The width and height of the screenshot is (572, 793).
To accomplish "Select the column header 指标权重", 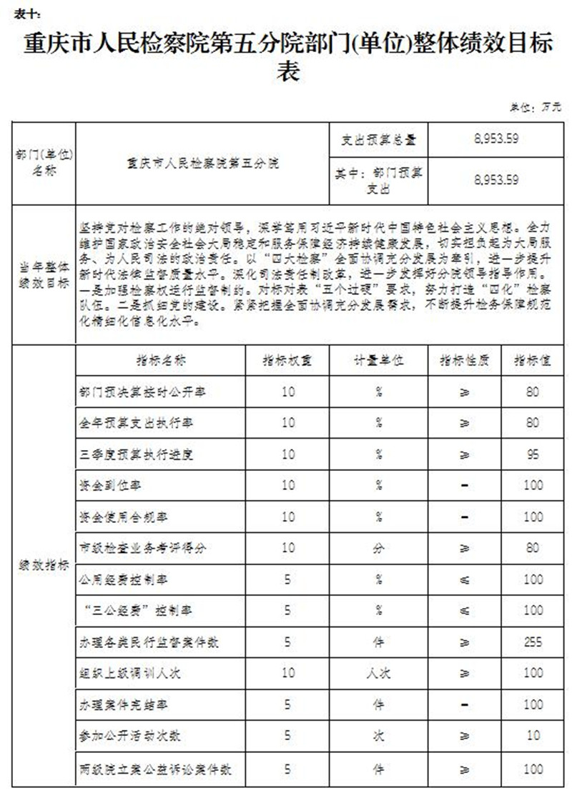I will [287, 361].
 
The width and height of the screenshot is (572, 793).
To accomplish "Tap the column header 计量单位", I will [379, 361].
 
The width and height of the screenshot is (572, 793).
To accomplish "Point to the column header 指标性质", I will [464, 361].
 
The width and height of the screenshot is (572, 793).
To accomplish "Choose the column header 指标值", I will [532, 361].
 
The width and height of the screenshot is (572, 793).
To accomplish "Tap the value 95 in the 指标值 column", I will [532, 454].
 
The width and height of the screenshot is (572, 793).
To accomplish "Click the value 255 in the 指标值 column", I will [532, 642].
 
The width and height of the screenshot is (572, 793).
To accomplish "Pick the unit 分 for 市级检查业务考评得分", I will [379, 548].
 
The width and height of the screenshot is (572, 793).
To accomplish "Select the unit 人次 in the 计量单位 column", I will [379, 673].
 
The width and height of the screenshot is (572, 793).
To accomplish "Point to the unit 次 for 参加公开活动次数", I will [379, 735].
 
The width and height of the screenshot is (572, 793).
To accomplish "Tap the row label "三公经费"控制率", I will [135, 611].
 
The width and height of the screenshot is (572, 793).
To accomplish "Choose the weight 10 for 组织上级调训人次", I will [287, 673].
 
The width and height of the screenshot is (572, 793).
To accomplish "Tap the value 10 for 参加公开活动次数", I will [532, 735].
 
